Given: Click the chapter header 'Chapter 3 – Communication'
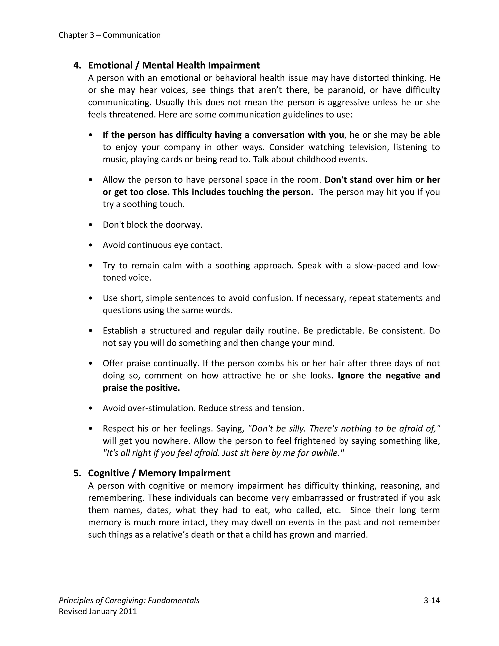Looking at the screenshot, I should [109, 35].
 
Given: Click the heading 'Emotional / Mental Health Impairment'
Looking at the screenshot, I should [174, 65].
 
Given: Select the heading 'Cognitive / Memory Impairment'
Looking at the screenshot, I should [159, 473].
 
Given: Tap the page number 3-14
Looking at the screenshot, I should [432, 600].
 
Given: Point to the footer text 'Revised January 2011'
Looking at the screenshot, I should [98, 611].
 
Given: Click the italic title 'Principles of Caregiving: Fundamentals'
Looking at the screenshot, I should [129, 600].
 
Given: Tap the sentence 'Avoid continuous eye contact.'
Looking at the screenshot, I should [162, 245].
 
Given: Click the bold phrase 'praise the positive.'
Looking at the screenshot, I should [141, 388].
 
